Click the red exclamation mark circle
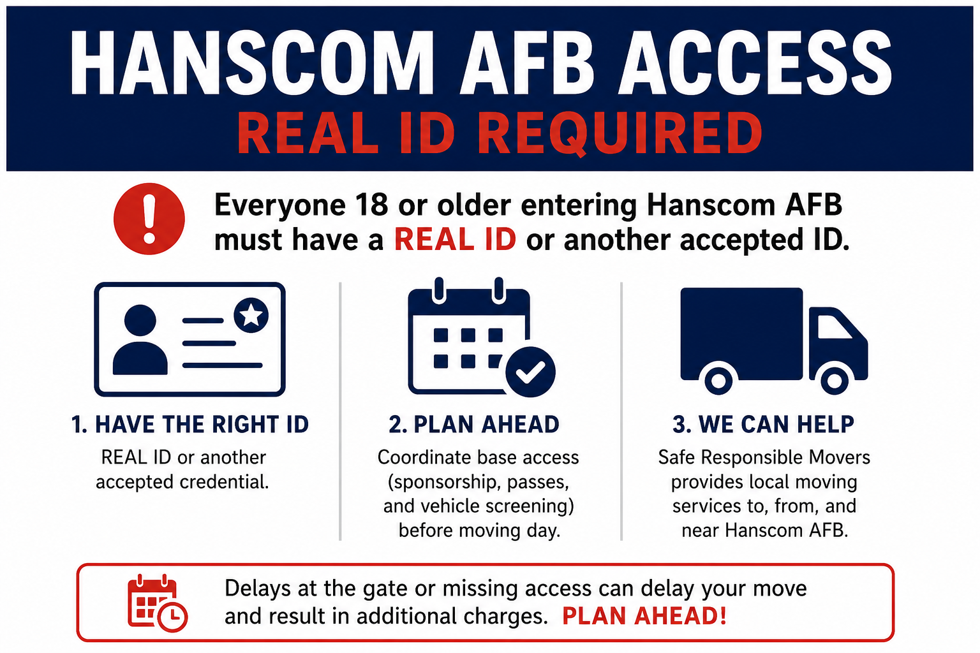[x=149, y=219]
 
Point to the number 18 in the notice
[x=371, y=204]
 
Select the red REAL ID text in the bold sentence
[x=455, y=240]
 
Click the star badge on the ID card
[x=251, y=315]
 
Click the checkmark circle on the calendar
[x=530, y=372]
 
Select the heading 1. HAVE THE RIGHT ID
[x=190, y=425]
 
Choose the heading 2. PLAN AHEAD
[x=474, y=425]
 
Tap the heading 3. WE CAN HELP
[x=763, y=425]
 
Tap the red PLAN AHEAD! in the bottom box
[x=644, y=616]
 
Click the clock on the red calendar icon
[x=173, y=617]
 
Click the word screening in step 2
[x=530, y=507]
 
